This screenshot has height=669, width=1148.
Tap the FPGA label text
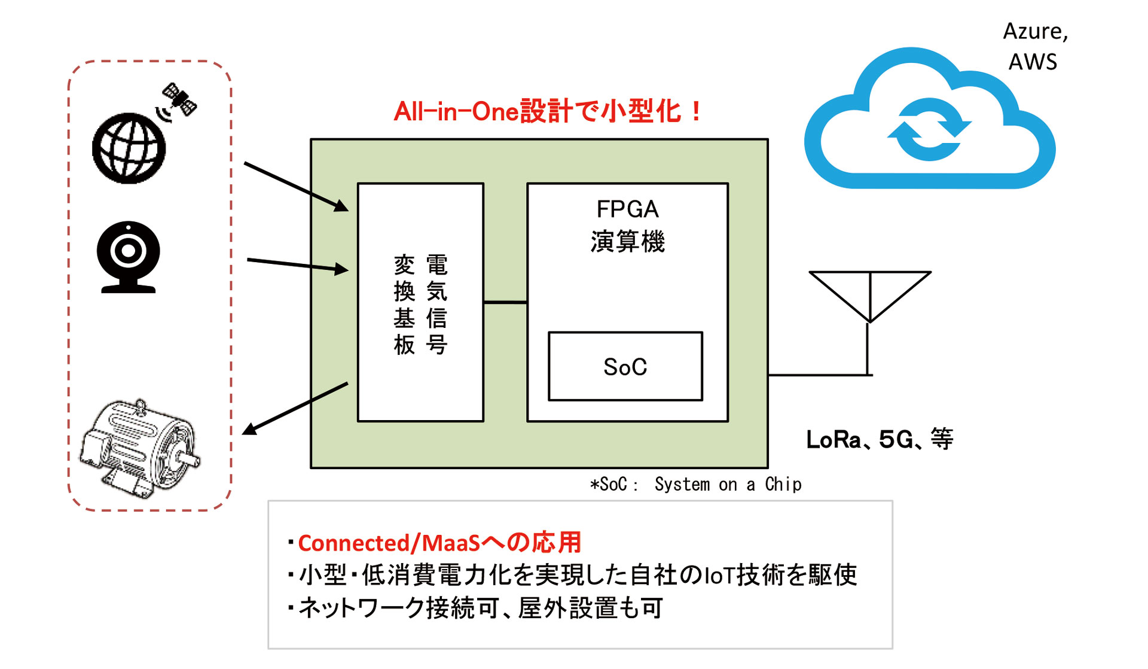coord(627,209)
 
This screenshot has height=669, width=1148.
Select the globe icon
coord(129,148)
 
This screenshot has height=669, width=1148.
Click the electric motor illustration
coord(141,448)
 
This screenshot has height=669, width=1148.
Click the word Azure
coord(1035,32)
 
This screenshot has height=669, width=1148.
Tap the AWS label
coord(1033,62)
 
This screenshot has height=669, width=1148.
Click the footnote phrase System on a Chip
coord(728,484)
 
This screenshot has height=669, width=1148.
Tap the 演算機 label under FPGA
coord(627,241)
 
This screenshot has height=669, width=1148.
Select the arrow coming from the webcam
coord(298,265)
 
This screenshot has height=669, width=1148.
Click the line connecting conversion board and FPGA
coord(505,302)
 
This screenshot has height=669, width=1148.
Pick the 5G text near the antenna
coord(896,440)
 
